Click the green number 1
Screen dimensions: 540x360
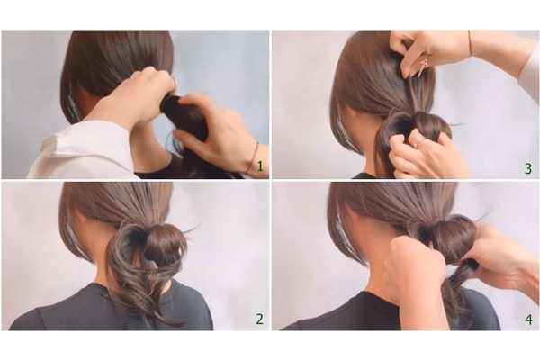click(x=260, y=166)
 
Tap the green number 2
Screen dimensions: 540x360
click(x=260, y=319)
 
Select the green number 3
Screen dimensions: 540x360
click(x=528, y=169)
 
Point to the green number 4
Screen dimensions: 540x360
click(x=528, y=319)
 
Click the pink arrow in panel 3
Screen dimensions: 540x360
click(x=422, y=67)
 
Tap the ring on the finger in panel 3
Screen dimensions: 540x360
click(x=419, y=140)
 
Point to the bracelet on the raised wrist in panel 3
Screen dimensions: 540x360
click(x=470, y=42)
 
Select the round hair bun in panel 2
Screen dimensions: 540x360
click(x=165, y=242)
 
